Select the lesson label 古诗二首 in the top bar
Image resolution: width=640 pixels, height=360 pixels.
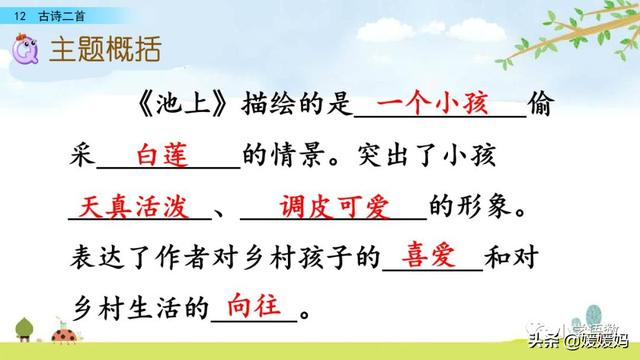(x=59, y=11)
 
